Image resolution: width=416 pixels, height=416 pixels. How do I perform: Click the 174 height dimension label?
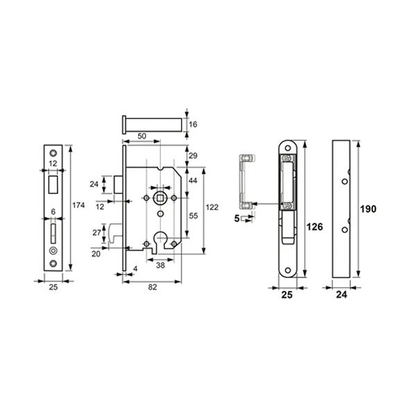click(x=78, y=205)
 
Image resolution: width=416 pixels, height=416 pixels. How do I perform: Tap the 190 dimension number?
click(x=368, y=209)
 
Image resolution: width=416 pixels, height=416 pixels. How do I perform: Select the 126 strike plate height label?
click(x=315, y=227)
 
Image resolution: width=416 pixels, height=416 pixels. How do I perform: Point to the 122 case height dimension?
click(x=212, y=207)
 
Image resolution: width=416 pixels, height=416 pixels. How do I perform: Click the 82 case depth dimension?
click(x=153, y=287)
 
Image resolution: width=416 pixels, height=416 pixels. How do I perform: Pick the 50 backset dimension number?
click(x=142, y=136)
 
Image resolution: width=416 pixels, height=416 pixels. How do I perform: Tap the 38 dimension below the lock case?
click(x=160, y=265)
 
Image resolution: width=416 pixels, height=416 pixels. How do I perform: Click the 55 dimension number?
click(x=193, y=216)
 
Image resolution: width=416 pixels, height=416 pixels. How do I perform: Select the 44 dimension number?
click(x=193, y=181)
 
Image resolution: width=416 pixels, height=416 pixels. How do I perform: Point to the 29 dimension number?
click(x=193, y=156)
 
